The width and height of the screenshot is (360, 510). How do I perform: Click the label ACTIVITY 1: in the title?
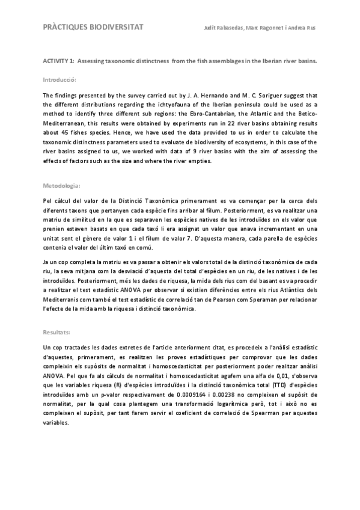[58, 61]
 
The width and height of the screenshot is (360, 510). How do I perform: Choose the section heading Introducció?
[59, 79]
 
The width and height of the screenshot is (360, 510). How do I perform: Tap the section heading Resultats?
[58, 331]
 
